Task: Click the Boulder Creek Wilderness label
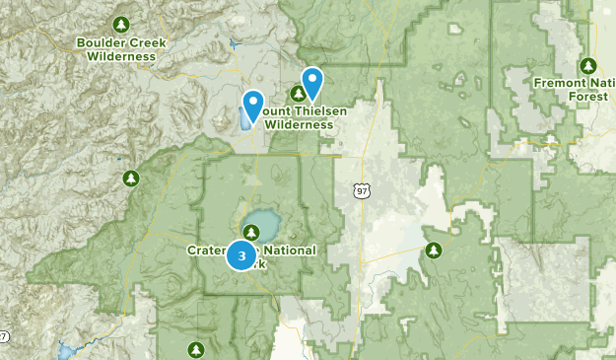click(120, 49)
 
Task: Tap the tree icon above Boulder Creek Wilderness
click(120, 23)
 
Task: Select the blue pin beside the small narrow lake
click(252, 105)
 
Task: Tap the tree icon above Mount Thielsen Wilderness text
click(298, 94)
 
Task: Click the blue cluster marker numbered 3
click(241, 255)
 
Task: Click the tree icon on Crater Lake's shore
click(253, 233)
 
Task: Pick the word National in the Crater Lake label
click(290, 251)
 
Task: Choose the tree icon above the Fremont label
click(587, 65)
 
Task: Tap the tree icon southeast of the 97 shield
click(433, 251)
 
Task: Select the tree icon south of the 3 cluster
click(196, 348)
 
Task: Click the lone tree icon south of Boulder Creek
click(129, 179)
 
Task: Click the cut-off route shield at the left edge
click(3, 338)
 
